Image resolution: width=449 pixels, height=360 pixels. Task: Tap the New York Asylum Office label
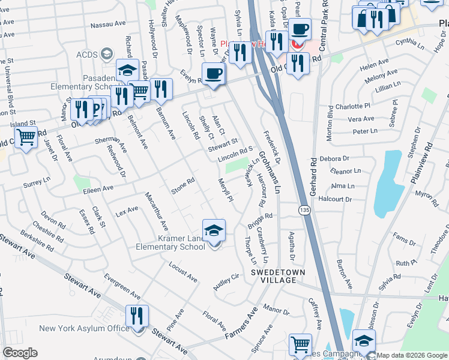pyautogui.click(x=84, y=328)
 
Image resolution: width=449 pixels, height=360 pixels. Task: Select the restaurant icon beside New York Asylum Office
pyautogui.click(x=137, y=317)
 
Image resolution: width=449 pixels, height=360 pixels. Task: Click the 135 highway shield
pyautogui.click(x=306, y=208)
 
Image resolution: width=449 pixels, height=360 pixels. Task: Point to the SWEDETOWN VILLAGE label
pyautogui.click(x=274, y=276)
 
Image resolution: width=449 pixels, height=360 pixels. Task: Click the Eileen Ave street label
pyautogui.click(x=98, y=188)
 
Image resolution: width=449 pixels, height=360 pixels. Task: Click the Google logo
pyautogui.click(x=20, y=353)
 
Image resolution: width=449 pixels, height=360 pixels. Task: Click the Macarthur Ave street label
pyautogui.click(x=155, y=210)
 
